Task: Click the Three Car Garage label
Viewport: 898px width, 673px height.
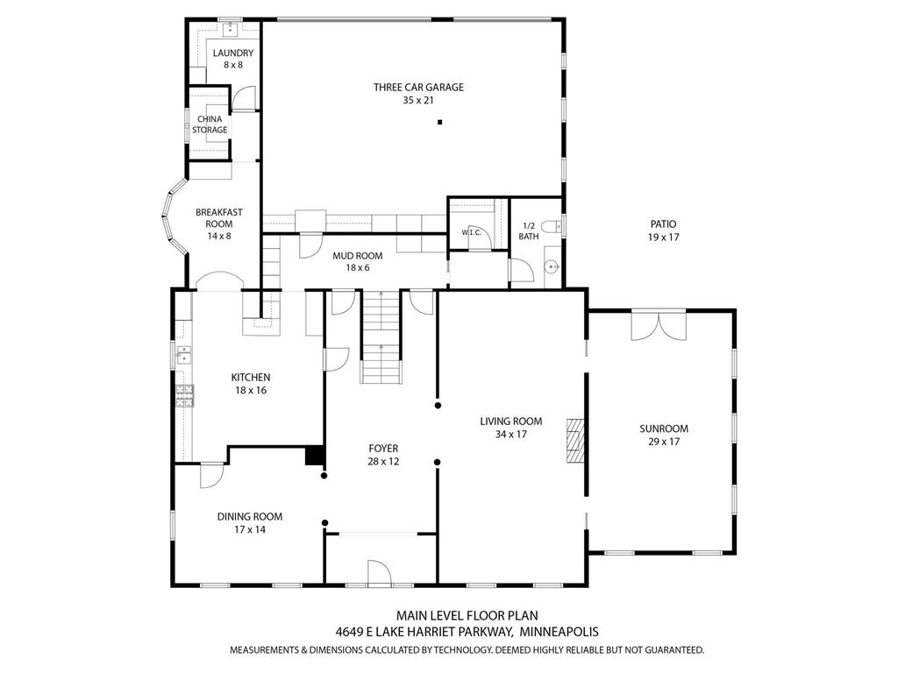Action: (x=418, y=93)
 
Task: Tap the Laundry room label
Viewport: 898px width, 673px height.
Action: (x=233, y=59)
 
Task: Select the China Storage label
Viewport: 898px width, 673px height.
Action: (x=210, y=124)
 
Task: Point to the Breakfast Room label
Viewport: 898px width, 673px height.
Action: (x=218, y=223)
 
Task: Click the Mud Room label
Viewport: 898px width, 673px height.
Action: (x=358, y=261)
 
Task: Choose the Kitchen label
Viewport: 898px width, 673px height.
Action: (x=250, y=384)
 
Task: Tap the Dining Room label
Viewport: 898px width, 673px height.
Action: (x=250, y=523)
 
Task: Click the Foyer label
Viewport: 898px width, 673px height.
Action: (x=383, y=455)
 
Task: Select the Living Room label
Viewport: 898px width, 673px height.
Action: (x=511, y=428)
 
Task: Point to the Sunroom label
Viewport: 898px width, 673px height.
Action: (x=664, y=435)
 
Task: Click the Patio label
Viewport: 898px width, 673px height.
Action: (x=663, y=230)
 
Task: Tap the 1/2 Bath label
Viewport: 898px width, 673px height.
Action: (x=529, y=230)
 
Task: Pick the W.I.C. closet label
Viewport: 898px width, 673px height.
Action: (x=471, y=232)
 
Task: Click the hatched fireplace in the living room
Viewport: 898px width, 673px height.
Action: (x=575, y=440)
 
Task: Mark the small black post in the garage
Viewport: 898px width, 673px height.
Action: (x=440, y=122)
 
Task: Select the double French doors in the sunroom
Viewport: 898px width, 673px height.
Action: (x=659, y=327)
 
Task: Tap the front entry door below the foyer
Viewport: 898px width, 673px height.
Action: (x=379, y=572)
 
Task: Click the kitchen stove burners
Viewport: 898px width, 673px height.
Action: (x=185, y=395)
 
